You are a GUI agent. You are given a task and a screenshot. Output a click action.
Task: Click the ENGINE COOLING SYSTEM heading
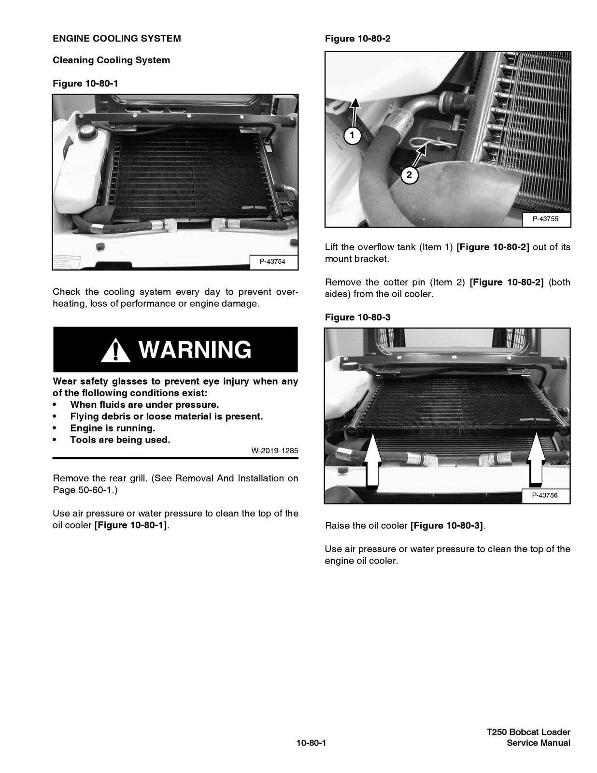[x=117, y=39]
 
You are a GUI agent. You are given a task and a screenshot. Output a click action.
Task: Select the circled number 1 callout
[x=353, y=135]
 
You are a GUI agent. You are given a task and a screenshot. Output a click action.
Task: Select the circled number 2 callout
[x=409, y=174]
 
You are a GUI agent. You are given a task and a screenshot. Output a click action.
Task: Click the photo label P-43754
[x=272, y=261]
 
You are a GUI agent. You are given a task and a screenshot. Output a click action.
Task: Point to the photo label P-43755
[x=545, y=219]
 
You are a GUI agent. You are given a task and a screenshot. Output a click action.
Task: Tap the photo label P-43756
[x=545, y=495]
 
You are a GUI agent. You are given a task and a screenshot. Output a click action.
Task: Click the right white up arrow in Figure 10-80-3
[x=535, y=459]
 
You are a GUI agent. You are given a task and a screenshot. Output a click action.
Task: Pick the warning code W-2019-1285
[x=274, y=451]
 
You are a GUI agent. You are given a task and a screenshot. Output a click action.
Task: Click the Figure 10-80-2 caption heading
[x=357, y=39]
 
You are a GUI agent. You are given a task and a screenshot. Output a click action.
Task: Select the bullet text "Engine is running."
[x=113, y=428]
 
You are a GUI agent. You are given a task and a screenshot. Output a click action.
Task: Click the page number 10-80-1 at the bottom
[x=312, y=743]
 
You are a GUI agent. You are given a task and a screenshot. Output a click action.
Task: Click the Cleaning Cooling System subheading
[x=111, y=60]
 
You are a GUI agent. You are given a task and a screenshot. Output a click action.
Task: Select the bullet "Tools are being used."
[x=120, y=440]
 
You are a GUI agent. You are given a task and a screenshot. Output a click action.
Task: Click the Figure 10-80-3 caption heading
[x=357, y=317]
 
